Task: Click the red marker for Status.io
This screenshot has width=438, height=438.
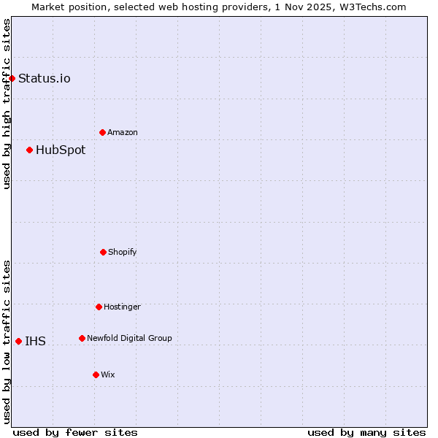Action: tap(12, 78)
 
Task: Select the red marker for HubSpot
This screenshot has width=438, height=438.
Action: tap(29, 150)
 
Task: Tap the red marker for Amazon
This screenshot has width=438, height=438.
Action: tap(102, 132)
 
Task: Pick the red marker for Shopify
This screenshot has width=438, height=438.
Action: tap(103, 252)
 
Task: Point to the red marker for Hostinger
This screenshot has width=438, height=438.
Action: tap(99, 307)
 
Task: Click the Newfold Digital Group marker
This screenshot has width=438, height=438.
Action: tap(82, 338)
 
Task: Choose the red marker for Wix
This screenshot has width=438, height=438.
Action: tap(96, 374)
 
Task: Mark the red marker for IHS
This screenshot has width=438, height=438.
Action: tap(18, 341)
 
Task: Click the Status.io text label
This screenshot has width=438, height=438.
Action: tap(44, 79)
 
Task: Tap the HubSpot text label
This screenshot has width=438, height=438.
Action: tap(61, 150)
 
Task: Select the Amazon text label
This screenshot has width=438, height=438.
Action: tap(123, 133)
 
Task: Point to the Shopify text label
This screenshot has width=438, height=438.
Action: tap(123, 253)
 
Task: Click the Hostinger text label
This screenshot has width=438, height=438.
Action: tap(122, 307)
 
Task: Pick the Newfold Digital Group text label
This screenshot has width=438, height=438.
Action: tap(129, 339)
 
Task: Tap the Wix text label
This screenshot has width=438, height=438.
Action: tap(108, 375)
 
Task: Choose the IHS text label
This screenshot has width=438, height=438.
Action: tap(35, 342)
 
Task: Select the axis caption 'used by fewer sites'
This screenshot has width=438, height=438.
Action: tap(74, 432)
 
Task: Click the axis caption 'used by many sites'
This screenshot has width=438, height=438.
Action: tap(366, 432)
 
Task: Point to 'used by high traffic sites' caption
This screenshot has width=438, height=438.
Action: tap(7, 104)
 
